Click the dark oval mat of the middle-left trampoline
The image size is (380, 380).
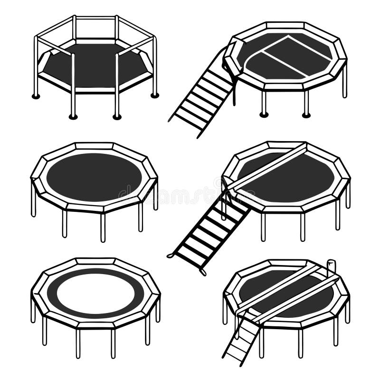point(94,177)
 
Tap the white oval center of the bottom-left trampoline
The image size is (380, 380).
point(95,293)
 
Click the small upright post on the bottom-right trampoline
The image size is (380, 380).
point(332,267)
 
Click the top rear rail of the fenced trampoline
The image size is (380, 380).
point(95,18)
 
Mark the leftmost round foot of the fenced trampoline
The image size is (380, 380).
point(36,96)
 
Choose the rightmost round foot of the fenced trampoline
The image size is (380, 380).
point(154,95)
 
